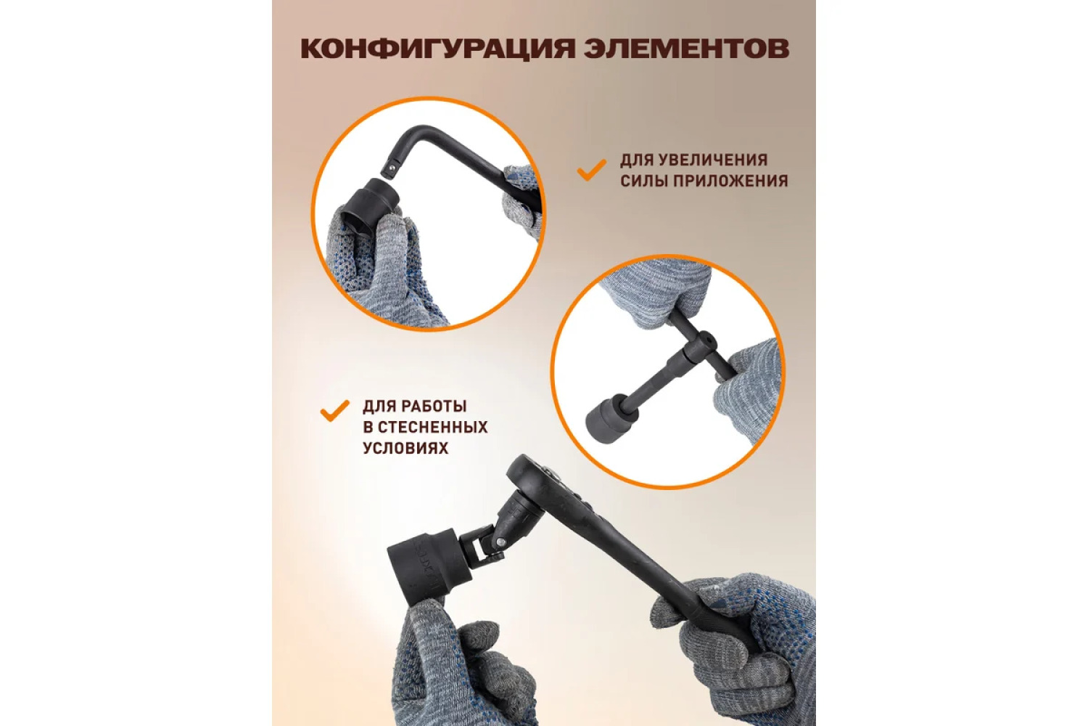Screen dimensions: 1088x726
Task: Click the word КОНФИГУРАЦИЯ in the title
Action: [437, 49]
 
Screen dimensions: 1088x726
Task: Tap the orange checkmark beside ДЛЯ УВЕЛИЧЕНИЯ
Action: [591, 170]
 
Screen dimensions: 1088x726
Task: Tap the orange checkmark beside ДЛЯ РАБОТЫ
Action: [334, 410]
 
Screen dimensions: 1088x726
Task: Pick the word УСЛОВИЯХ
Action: [405, 448]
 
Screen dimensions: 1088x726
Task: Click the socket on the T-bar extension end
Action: [607, 417]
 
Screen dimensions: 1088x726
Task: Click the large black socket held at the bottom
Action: [419, 566]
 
